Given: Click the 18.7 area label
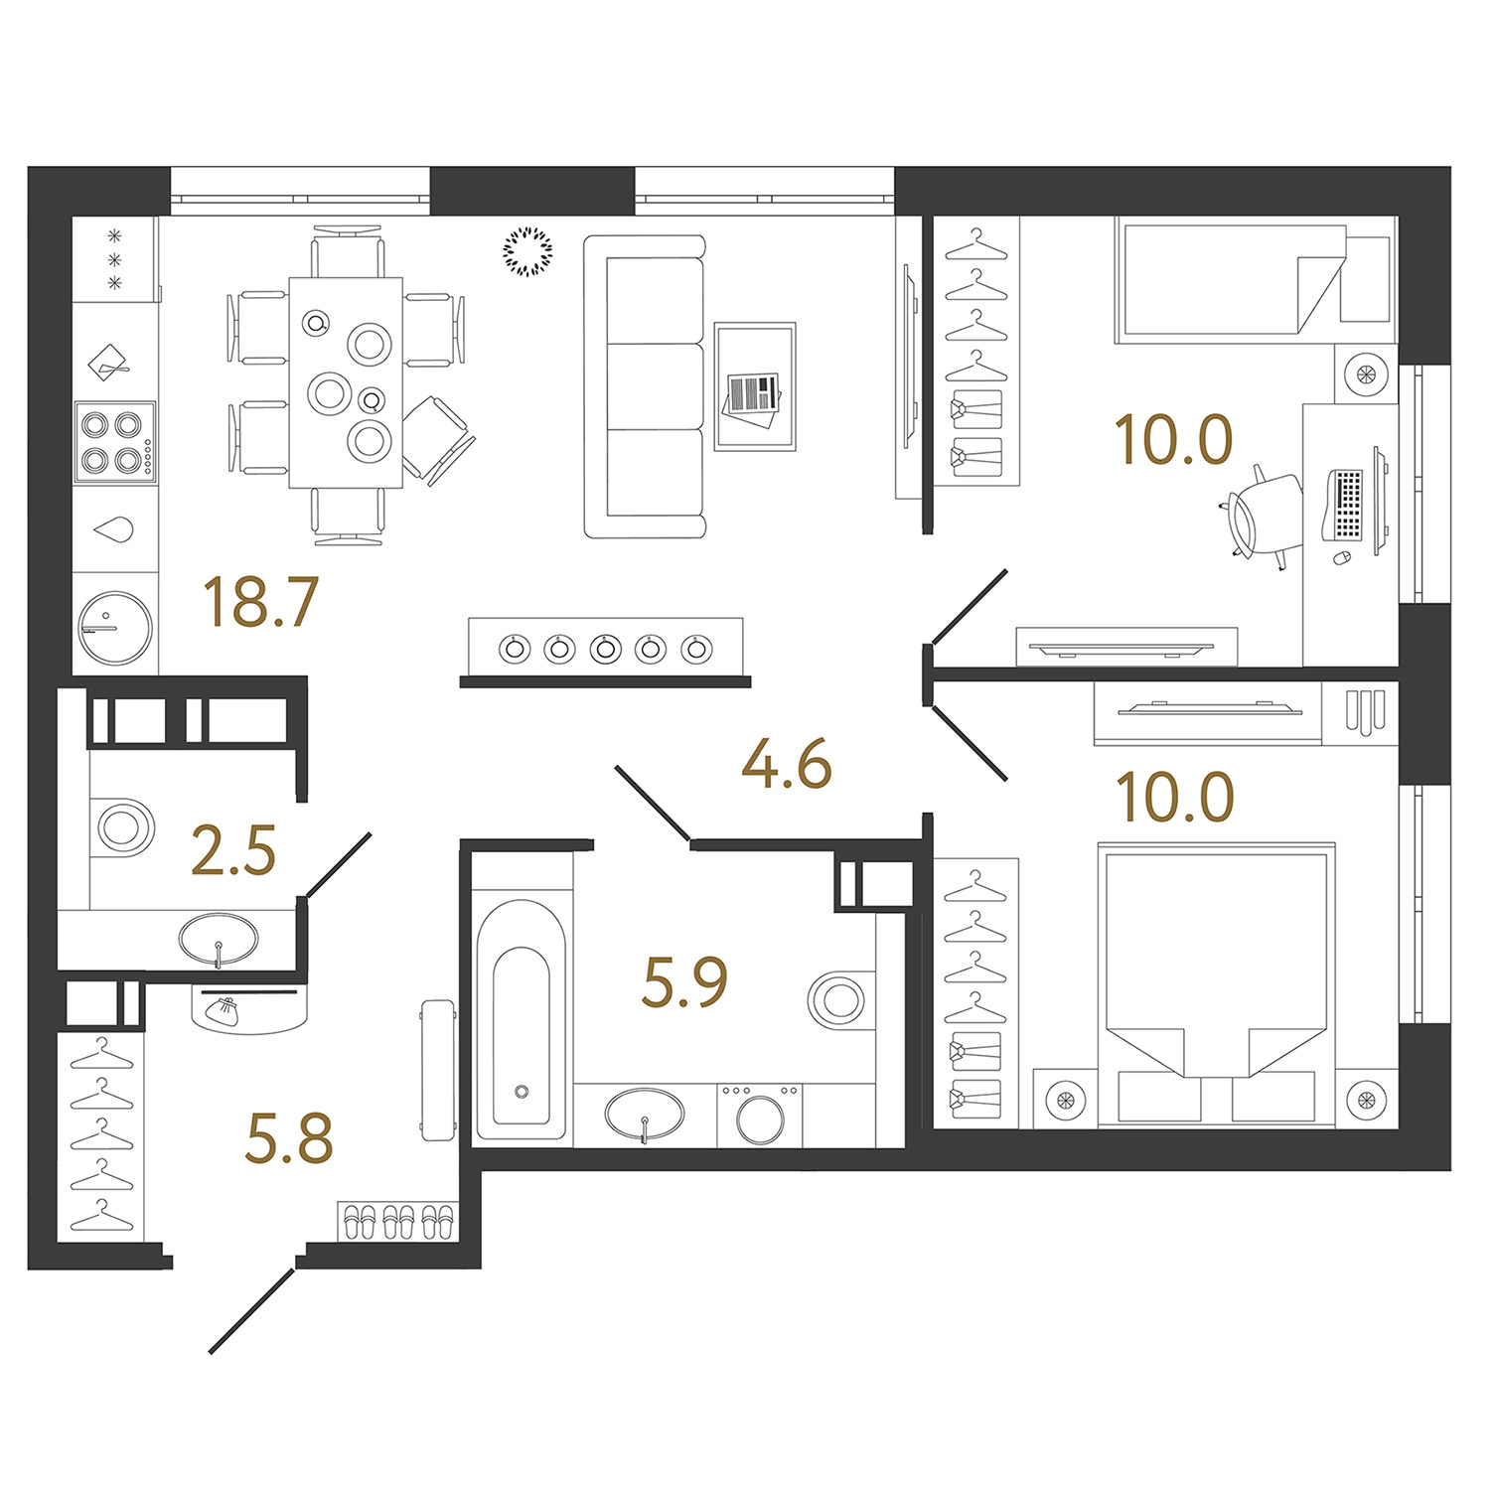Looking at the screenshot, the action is pyautogui.click(x=259, y=602).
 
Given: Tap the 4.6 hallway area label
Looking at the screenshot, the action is pyautogui.click(x=787, y=765).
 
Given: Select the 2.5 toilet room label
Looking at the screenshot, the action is pyautogui.click(x=232, y=851).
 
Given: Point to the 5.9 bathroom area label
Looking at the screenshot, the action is pyautogui.click(x=684, y=981).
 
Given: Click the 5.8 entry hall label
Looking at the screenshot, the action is pyautogui.click(x=288, y=1138).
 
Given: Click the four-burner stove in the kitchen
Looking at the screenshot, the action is pyautogui.click(x=115, y=442).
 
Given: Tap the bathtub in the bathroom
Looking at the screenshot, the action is pyautogui.click(x=522, y=1020).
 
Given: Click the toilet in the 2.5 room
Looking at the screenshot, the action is pyautogui.click(x=122, y=826).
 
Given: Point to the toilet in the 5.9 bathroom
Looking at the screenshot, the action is pyautogui.click(x=840, y=999).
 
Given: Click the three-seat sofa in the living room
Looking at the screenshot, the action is pyautogui.click(x=645, y=386).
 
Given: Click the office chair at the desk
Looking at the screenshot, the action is pyautogui.click(x=1262, y=517).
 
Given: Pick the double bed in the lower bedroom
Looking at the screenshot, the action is pyautogui.click(x=1216, y=984).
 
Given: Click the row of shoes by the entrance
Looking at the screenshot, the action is pyautogui.click(x=397, y=1221).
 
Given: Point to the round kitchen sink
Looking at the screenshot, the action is pyautogui.click(x=115, y=627).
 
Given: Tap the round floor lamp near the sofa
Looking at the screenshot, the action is pyautogui.click(x=527, y=251).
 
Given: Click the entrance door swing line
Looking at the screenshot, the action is pyautogui.click(x=252, y=1310).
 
